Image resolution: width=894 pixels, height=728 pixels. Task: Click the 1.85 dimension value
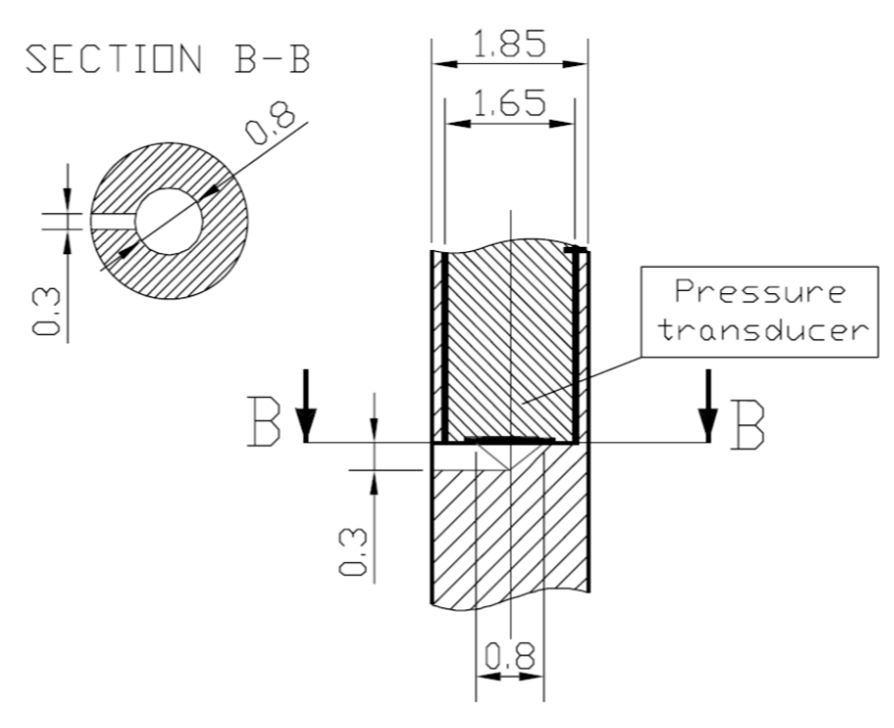(509, 44)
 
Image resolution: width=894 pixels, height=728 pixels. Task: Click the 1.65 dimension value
(509, 103)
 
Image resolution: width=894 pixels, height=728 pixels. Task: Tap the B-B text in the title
(273, 59)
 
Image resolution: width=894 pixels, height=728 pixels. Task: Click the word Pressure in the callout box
(760, 293)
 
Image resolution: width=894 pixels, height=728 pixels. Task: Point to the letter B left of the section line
(263, 422)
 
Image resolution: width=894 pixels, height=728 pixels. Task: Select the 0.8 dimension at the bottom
(509, 656)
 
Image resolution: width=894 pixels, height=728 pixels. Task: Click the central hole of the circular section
(169, 221)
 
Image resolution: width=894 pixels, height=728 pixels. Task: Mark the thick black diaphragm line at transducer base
(510, 439)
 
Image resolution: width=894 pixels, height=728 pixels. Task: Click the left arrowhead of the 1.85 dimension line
(444, 64)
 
